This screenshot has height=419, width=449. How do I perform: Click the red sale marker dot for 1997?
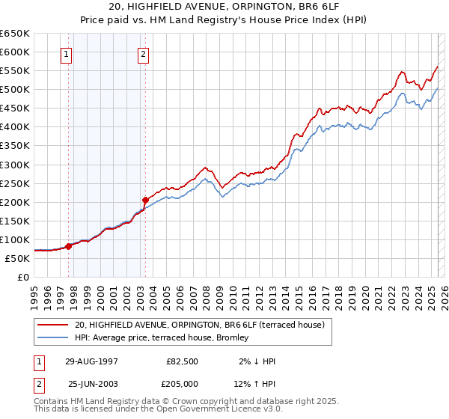click(69, 245)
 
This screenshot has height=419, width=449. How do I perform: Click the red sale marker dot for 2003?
click(145, 200)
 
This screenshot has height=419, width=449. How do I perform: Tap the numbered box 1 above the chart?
click(67, 54)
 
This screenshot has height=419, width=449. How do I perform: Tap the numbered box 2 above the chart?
click(143, 54)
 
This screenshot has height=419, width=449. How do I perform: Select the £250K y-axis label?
click(15, 183)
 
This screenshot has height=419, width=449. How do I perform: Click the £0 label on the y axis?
click(22, 277)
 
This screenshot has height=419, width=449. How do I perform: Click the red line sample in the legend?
click(53, 325)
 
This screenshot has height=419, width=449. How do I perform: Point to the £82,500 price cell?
click(183, 361)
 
